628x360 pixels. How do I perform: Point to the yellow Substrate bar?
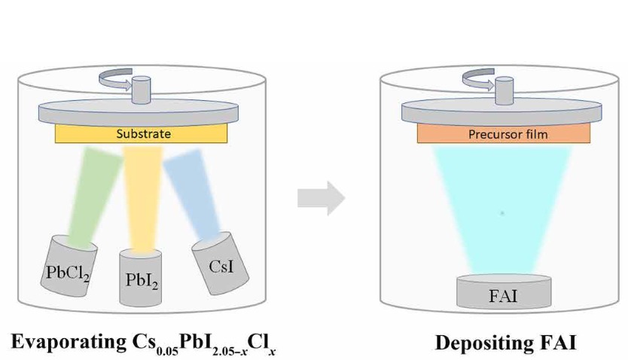[x=142, y=134]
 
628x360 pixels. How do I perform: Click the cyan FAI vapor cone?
[x=503, y=211]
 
